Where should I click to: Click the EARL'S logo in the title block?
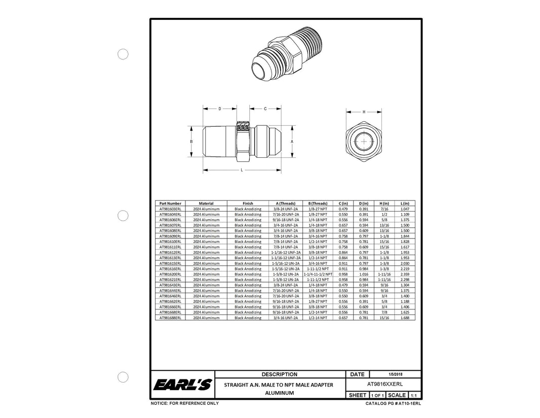tap(182, 386)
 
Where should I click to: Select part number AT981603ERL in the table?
tap(170, 209)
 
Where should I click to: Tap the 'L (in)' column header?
tap(404, 203)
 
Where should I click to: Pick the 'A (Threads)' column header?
tap(285, 203)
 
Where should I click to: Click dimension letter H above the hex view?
tap(364, 112)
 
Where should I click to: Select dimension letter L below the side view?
tap(242, 170)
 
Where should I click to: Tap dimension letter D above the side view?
tap(220, 109)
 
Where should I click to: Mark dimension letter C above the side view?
tap(265, 109)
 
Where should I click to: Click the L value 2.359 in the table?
tap(404, 274)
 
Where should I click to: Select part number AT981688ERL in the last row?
tap(170, 318)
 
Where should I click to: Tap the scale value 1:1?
tap(413, 395)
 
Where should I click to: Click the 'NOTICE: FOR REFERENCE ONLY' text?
tap(185, 403)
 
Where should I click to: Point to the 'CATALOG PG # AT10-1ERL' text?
tap(393, 404)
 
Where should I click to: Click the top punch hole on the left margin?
tap(123, 54)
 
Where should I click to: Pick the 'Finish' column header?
tap(248, 203)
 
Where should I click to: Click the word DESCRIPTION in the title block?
tap(280, 374)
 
